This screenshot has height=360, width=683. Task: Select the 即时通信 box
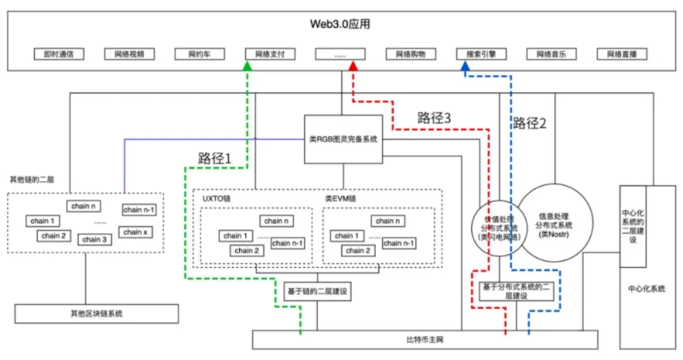[x=59, y=55]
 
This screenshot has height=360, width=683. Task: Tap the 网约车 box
[x=199, y=55]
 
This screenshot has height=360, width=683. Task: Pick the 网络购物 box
[x=411, y=55]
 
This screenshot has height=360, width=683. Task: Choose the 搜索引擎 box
[x=481, y=55]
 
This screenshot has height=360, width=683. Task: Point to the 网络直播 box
[x=622, y=55]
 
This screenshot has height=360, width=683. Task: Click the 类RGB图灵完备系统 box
[x=343, y=138]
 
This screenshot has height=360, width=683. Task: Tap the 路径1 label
[x=214, y=158]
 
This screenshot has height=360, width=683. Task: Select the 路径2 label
[x=530, y=123]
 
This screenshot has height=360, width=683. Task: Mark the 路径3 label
[x=434, y=118]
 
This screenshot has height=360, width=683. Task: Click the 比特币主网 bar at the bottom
[x=424, y=340]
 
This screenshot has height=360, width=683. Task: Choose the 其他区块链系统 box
[x=85, y=313]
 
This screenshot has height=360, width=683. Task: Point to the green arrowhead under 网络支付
[x=248, y=68]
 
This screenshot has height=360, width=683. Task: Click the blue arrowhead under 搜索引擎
[x=466, y=68]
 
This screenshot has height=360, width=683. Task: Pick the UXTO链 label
[x=213, y=197]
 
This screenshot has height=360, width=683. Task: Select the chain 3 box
[x=95, y=239]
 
